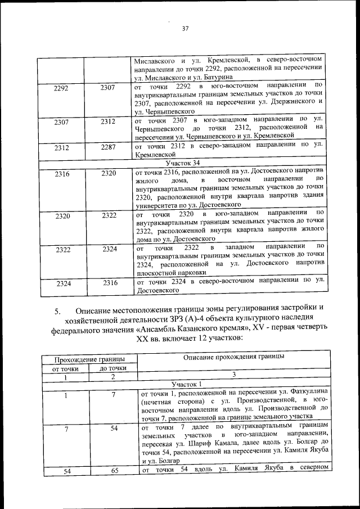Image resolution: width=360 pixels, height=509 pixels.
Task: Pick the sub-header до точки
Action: (x=112, y=368)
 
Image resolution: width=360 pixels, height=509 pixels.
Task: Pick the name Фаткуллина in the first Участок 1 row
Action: (x=304, y=391)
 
